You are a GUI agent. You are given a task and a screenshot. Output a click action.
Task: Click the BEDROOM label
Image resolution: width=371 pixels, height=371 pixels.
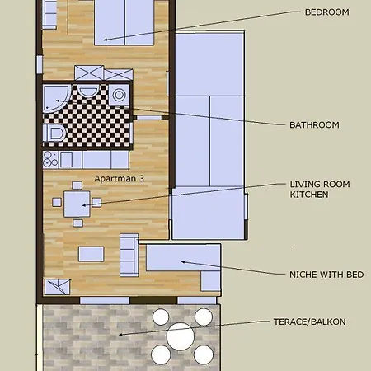coord(327,12)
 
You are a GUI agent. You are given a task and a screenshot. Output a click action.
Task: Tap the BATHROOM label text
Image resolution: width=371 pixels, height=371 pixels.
coord(314,125)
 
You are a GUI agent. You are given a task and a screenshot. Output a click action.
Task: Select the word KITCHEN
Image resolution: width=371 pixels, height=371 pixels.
coord(309,195)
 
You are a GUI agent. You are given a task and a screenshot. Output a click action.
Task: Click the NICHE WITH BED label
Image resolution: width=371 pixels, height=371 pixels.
coord(326,275)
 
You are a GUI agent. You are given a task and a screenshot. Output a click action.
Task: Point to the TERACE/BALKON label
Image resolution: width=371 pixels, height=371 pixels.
coord(310,322)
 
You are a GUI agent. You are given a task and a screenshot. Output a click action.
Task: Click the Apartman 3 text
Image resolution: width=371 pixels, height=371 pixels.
coord(120,179)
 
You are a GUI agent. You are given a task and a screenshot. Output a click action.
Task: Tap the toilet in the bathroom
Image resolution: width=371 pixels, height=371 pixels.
coord(54,134)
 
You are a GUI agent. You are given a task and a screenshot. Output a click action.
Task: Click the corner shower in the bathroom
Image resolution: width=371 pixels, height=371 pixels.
coord(56,98)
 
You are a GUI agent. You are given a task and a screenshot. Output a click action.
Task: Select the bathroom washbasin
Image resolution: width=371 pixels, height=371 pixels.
coord(87,91)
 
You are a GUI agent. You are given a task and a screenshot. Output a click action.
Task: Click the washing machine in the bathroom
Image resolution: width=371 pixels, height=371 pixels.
coord(119,95)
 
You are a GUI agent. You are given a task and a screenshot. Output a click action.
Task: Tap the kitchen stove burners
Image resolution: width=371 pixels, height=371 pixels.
coord(51,160)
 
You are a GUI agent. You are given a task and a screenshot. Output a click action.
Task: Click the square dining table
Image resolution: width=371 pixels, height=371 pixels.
coord(77,204)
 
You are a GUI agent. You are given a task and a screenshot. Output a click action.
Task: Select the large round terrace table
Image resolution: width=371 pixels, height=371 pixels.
coord(181,336)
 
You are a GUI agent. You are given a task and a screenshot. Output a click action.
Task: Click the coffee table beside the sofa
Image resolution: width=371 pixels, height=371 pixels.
coord(92,254)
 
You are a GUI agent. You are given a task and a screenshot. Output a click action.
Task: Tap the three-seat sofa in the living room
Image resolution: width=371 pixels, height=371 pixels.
coord(129,256)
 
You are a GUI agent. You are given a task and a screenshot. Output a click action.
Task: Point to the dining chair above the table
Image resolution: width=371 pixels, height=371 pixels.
coord(77,185)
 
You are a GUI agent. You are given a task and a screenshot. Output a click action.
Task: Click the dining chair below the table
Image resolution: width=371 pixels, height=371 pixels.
coord(77,223)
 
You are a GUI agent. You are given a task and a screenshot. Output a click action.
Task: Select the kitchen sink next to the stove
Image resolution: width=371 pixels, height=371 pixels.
coord(66,160)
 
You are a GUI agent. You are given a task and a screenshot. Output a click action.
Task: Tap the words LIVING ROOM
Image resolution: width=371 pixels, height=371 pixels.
coord(320,184)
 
